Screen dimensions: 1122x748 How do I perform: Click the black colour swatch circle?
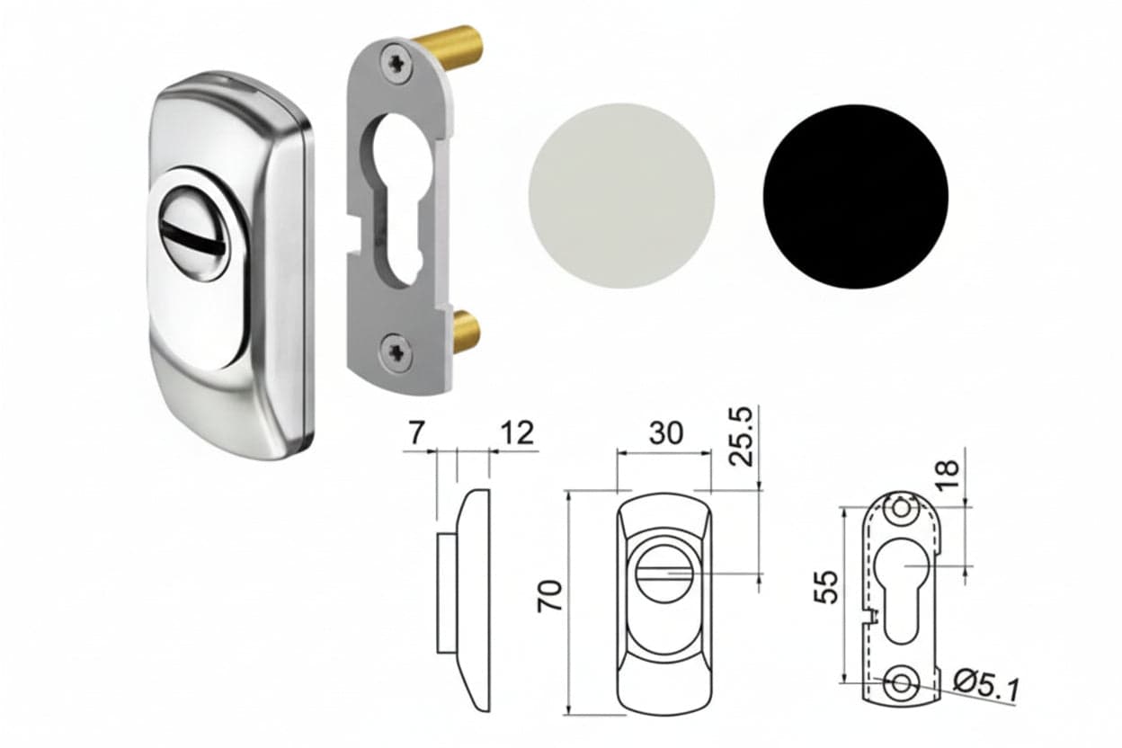(856, 196)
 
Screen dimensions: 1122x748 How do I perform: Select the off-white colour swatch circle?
(621, 196)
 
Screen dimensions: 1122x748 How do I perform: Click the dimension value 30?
(665, 433)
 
